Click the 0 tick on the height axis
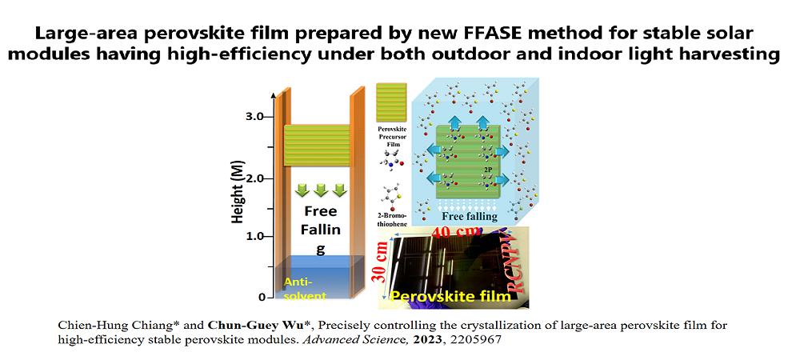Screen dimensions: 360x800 [262, 297]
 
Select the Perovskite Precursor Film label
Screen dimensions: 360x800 [392, 134]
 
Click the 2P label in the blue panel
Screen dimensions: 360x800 [486, 170]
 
